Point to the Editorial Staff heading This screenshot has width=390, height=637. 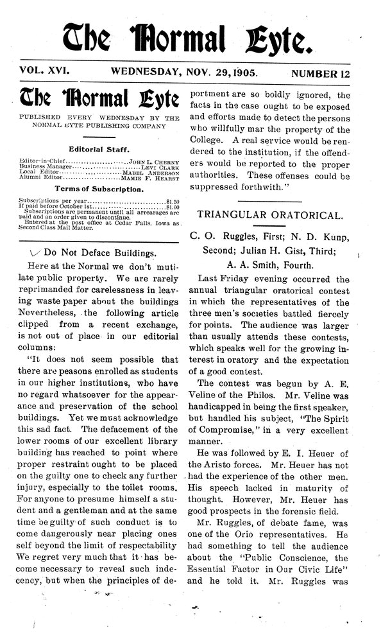click(98, 148)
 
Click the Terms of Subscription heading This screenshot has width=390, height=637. click(98, 191)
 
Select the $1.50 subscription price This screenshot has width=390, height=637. click(173, 202)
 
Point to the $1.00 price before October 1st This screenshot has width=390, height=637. click(173, 207)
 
